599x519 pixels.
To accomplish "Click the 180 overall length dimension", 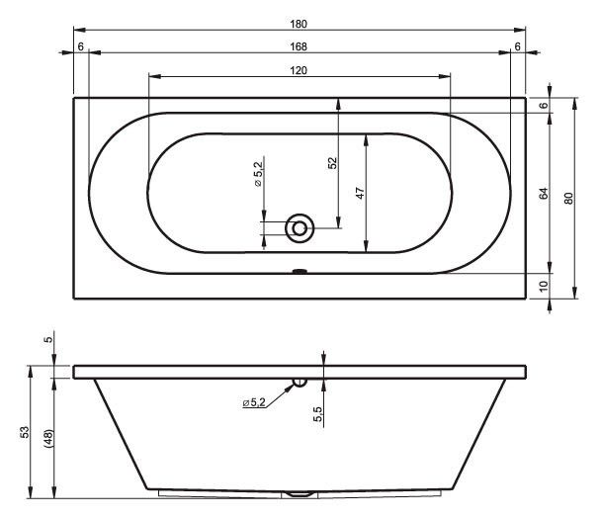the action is pos(299,24).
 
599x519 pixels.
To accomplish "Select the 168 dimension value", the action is pos(299,46).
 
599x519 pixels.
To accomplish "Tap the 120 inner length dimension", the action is pos(299,71).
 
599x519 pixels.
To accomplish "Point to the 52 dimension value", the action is pos(333,163).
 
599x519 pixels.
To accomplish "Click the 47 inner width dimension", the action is pos(360,193).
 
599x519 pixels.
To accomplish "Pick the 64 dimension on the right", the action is pos(544,194).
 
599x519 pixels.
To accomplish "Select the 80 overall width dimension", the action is pos(568,199).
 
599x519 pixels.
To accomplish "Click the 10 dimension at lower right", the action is pos(544,286).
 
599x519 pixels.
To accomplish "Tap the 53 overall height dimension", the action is pos(25,432).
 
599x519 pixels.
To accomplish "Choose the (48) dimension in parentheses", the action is pos(48,438).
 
